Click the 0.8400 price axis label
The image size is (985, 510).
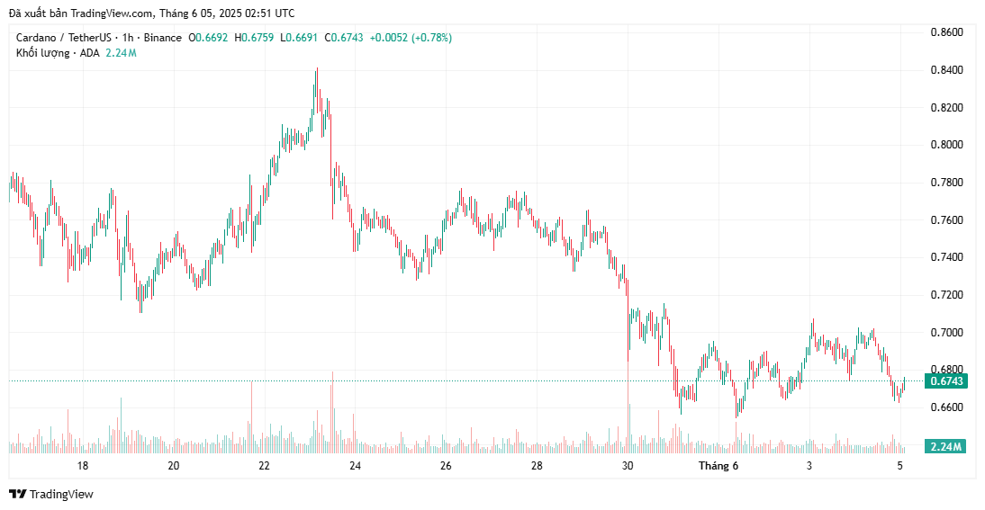click(x=945, y=70)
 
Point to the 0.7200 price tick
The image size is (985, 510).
click(x=945, y=295)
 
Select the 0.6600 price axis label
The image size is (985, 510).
click(x=945, y=407)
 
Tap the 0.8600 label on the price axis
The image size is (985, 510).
click(x=945, y=32)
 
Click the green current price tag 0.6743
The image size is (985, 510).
click(x=946, y=381)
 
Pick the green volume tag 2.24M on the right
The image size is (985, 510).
click(x=945, y=447)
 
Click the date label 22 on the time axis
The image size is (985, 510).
click(x=264, y=466)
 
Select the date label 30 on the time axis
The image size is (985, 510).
click(x=628, y=466)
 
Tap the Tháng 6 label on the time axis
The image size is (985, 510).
click(x=718, y=466)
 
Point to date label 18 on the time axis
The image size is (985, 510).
click(x=83, y=466)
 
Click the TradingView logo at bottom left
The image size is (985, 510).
click(x=51, y=494)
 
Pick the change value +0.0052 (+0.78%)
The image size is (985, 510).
click(x=411, y=38)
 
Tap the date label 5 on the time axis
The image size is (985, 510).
click(x=900, y=466)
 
